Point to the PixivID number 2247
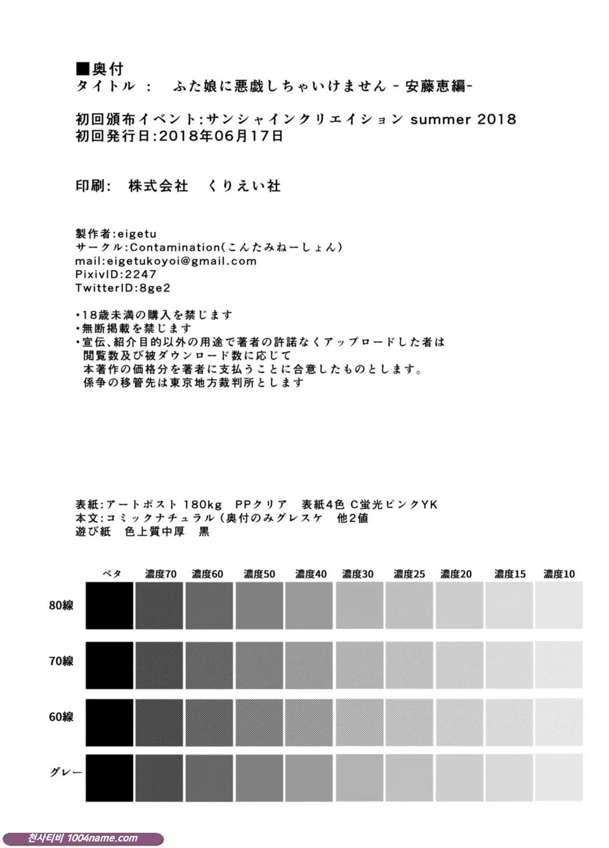click(x=141, y=274)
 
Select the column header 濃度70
click(x=160, y=574)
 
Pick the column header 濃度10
click(x=559, y=574)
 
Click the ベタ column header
click(x=112, y=574)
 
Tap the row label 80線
click(x=61, y=606)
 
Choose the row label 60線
click(x=61, y=717)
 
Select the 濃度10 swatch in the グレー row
click(x=559, y=778)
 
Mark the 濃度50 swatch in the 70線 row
click(x=259, y=664)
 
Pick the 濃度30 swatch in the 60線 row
click(x=359, y=722)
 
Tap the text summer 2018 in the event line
click(x=463, y=119)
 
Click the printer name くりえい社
click(x=244, y=186)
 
